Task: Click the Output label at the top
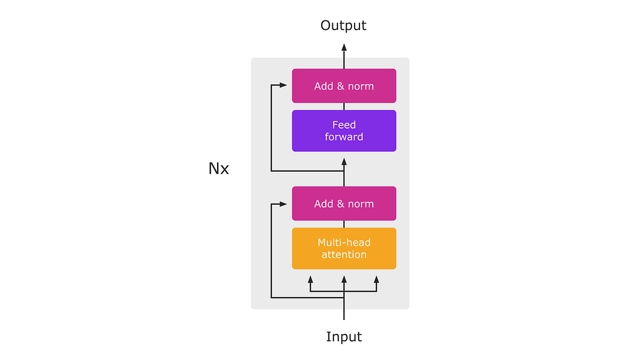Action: coord(343,25)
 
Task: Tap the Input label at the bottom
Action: coord(344,337)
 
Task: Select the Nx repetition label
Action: coord(219,169)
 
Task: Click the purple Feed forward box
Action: coord(344,131)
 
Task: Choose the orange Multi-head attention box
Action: coord(344,249)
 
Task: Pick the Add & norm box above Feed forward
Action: coord(344,86)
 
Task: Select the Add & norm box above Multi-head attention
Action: coord(344,204)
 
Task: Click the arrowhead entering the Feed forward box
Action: coord(344,161)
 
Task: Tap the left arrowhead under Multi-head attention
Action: coord(310,279)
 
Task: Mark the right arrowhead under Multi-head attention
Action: coord(377,279)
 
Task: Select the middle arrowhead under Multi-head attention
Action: coord(344,279)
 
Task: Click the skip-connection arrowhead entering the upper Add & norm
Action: coord(283,85)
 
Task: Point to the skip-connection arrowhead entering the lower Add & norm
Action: coord(283,204)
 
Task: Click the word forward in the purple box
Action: coord(344,137)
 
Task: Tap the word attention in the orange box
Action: coord(344,255)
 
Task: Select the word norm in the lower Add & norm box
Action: coord(361,204)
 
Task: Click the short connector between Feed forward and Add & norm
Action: coord(344,107)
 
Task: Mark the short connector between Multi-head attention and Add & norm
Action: coord(344,224)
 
